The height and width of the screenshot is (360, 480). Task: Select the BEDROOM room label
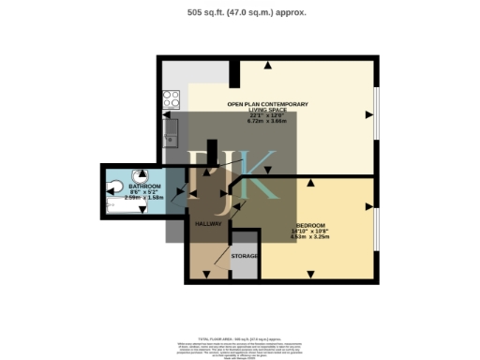(309, 226)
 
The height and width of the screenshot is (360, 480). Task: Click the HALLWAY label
(207, 225)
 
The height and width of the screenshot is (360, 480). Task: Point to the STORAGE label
(245, 256)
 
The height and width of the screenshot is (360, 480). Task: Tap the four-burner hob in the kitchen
(172, 97)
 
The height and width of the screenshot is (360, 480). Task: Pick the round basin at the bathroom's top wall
(142, 173)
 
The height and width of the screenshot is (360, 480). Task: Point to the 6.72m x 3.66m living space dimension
(268, 121)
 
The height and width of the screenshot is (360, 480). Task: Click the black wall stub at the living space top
(234, 73)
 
